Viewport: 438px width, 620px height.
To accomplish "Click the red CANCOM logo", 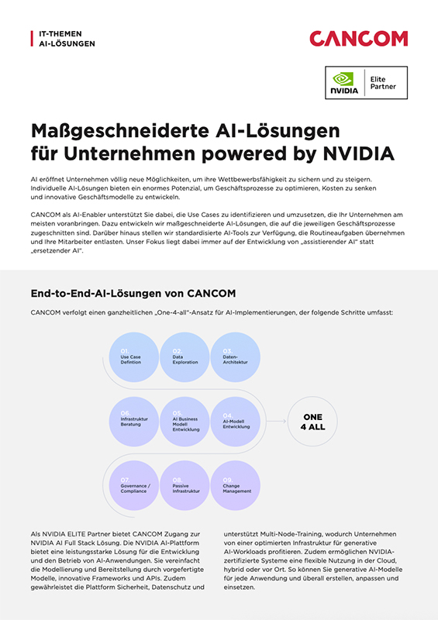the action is tap(358, 38).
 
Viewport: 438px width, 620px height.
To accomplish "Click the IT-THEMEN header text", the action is tap(60, 34).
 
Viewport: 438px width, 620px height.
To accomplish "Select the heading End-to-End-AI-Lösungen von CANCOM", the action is tap(133, 293).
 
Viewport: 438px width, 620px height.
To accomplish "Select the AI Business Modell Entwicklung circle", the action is tap(186, 421).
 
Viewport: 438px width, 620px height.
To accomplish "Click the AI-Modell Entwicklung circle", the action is tap(237, 421).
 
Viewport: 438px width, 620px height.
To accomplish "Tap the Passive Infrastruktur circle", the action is tap(186, 486).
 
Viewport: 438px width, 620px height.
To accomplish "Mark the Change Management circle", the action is tap(237, 486).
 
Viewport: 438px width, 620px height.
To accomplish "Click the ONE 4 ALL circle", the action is tap(312, 421).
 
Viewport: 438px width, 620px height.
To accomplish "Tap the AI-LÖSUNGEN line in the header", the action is tap(67, 44).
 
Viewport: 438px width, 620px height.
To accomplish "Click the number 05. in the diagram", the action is tap(177, 413).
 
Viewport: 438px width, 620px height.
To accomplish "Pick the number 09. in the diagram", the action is tap(227, 480).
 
